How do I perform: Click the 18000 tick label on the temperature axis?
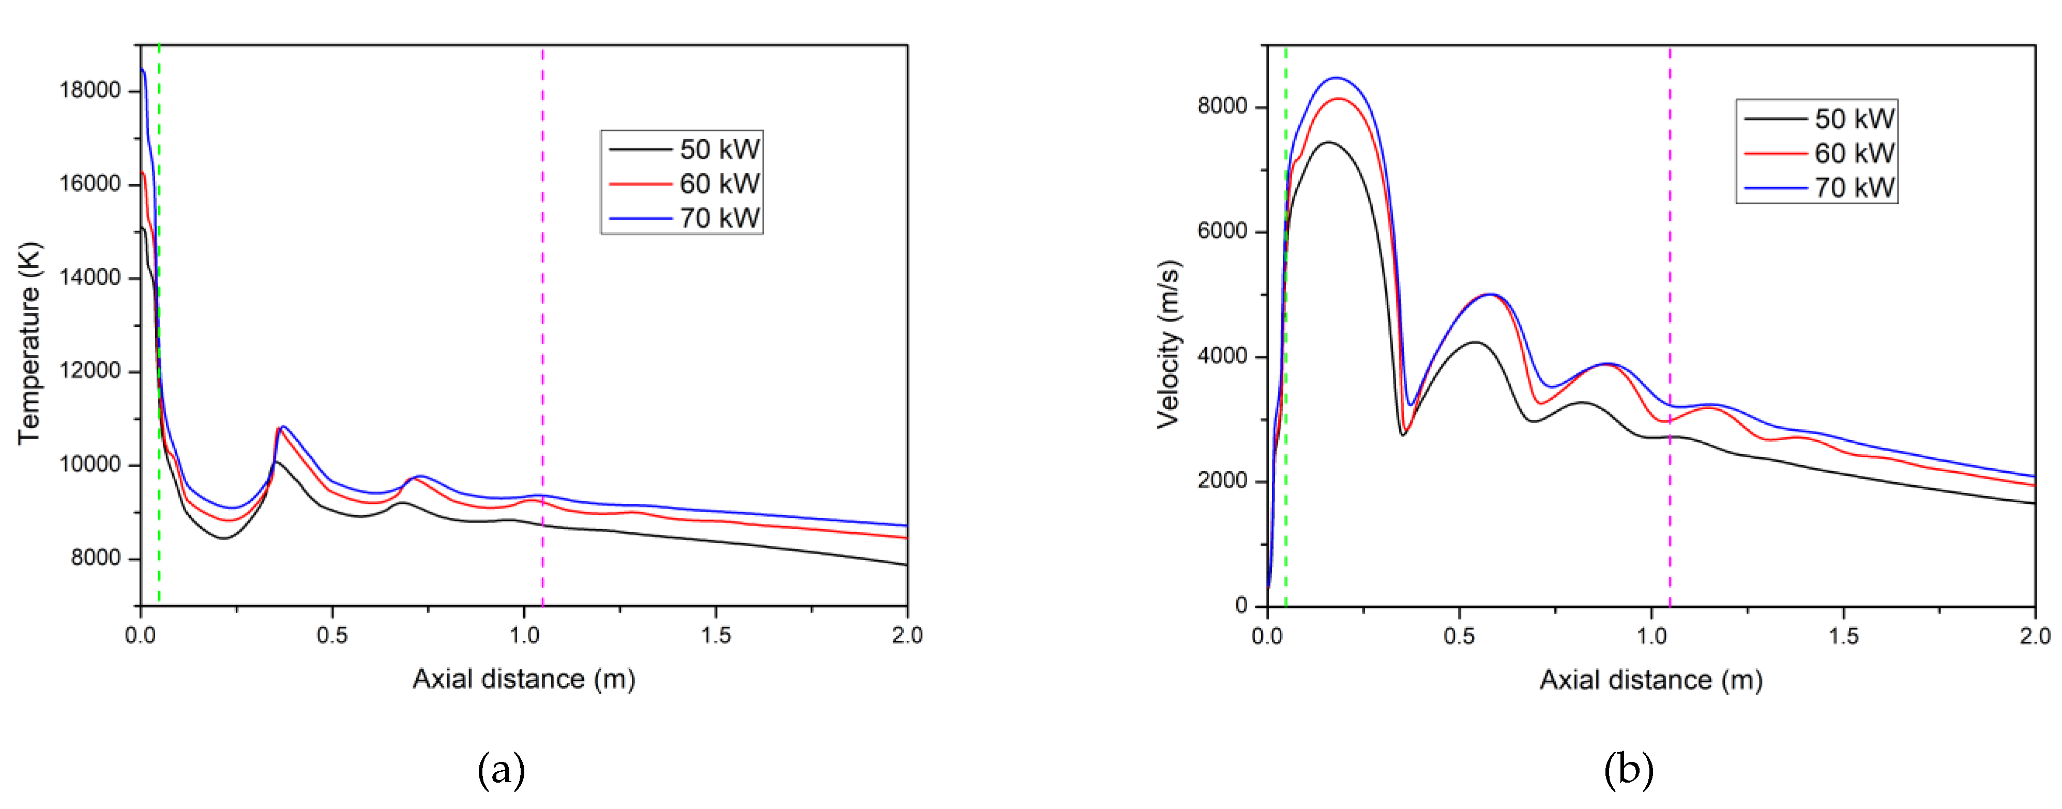[89, 89]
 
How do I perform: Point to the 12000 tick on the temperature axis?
[89, 371]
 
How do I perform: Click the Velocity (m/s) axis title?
[1169, 344]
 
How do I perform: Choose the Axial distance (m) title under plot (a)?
[523, 679]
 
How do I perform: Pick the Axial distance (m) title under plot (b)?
[1650, 680]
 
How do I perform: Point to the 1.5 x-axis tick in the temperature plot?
[716, 635]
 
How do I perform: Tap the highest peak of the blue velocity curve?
[1335, 78]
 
